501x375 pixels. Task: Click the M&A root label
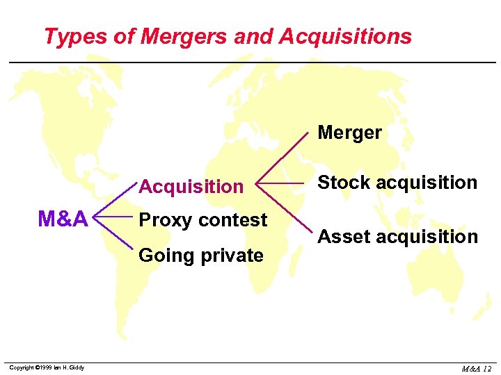pos(63,219)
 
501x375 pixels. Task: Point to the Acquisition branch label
pos(191,186)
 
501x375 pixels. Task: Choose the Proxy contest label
pos(203,220)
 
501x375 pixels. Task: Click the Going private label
pos(201,256)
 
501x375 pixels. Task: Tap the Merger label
pos(349,133)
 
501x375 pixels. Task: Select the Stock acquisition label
pos(397,183)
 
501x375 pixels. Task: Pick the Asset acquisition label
pos(397,237)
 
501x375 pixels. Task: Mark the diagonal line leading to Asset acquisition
pos(281,208)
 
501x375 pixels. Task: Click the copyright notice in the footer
pos(47,367)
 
